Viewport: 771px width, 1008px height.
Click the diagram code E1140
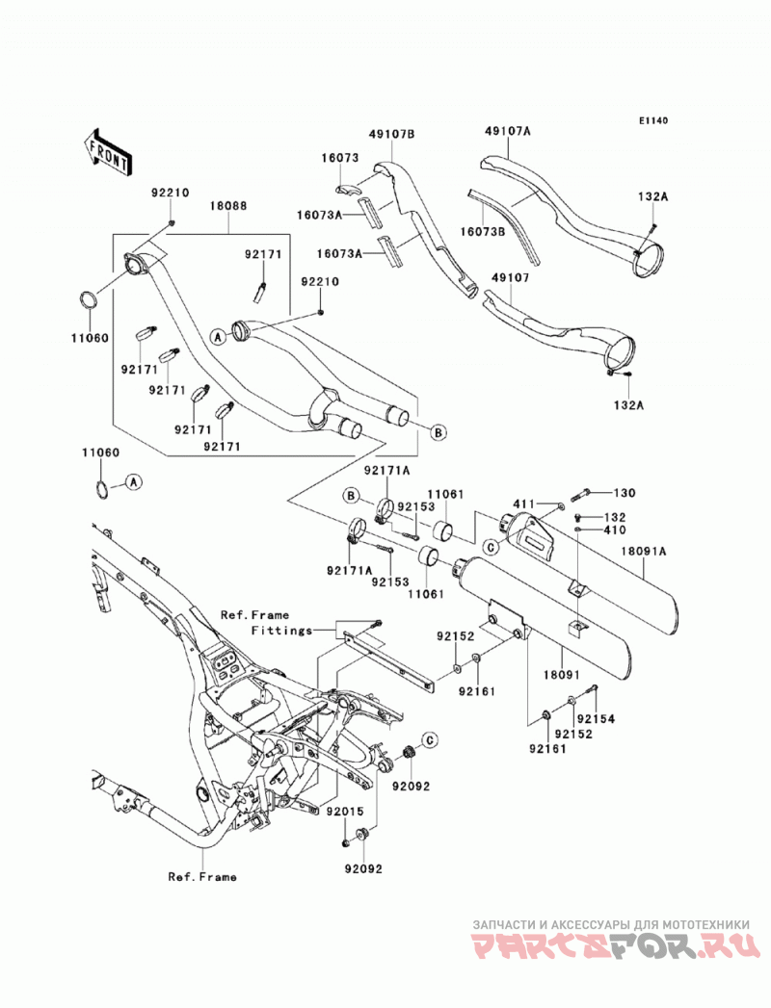point(653,120)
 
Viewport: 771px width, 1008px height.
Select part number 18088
point(227,206)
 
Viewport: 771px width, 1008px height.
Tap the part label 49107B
point(391,134)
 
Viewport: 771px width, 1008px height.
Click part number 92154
point(596,719)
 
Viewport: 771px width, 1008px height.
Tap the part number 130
point(625,493)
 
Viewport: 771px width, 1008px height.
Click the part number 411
point(524,503)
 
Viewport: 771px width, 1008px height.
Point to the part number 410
point(615,530)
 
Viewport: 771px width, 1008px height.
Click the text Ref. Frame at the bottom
point(202,877)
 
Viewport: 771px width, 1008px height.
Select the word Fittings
point(281,630)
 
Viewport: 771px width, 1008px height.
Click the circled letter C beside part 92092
point(429,740)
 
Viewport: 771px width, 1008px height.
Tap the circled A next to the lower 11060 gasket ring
point(133,480)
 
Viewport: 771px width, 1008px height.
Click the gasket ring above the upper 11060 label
point(89,300)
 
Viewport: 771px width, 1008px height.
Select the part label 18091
point(563,675)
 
